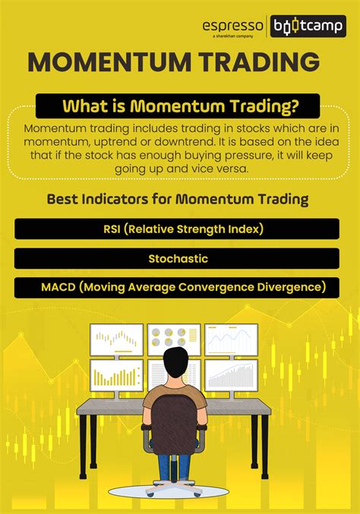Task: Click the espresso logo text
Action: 233,26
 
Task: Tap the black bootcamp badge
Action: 308,26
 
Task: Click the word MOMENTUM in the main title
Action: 109,62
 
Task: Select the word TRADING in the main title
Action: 260,62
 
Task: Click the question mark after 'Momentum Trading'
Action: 295,106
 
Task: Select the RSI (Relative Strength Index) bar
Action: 177,229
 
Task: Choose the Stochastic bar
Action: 177,259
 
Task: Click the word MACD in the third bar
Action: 58,287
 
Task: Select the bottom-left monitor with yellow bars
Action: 116,375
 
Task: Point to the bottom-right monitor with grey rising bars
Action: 231,375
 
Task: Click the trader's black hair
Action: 175,362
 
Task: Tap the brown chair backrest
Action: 174,425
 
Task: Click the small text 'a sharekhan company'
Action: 233,36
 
